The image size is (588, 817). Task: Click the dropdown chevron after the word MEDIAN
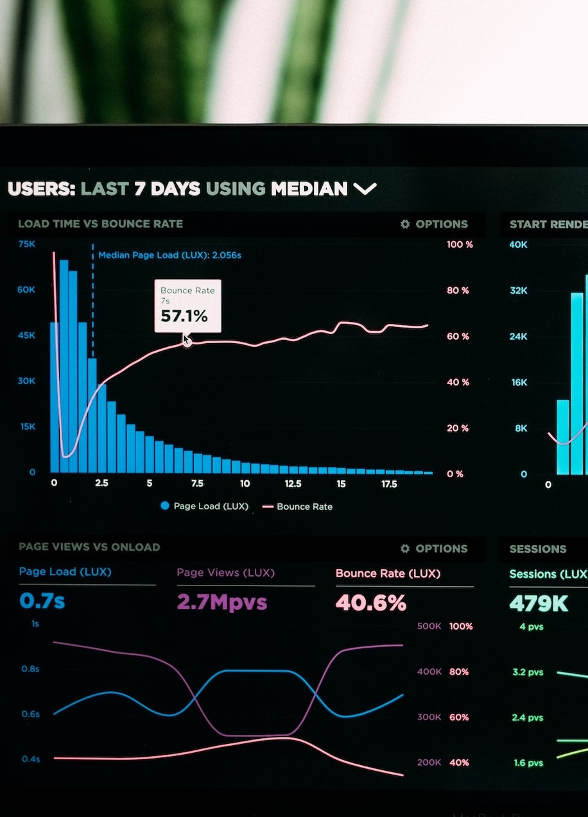point(365,189)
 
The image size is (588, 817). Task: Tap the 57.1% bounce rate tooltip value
point(184,316)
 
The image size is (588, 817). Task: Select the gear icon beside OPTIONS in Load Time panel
point(404,224)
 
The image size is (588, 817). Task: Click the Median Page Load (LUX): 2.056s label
point(169,255)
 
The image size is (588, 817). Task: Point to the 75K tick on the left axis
point(27,244)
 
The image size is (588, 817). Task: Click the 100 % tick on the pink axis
point(460,244)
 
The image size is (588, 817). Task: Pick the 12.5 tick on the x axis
point(293,484)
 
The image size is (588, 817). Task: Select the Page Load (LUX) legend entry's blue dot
point(165,506)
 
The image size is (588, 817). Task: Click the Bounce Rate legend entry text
point(304,507)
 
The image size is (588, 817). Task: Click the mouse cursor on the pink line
point(187,341)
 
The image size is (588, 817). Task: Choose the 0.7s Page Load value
point(42,601)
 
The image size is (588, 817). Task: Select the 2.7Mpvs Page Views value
point(221,602)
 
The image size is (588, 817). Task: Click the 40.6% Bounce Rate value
point(371,603)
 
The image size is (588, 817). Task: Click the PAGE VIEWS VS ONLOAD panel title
point(89,547)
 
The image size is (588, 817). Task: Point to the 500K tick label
point(429,626)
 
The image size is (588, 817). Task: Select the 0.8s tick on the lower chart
point(30,668)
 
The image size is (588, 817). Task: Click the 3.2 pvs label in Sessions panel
point(528,672)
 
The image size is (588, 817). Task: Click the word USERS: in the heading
point(42,189)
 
